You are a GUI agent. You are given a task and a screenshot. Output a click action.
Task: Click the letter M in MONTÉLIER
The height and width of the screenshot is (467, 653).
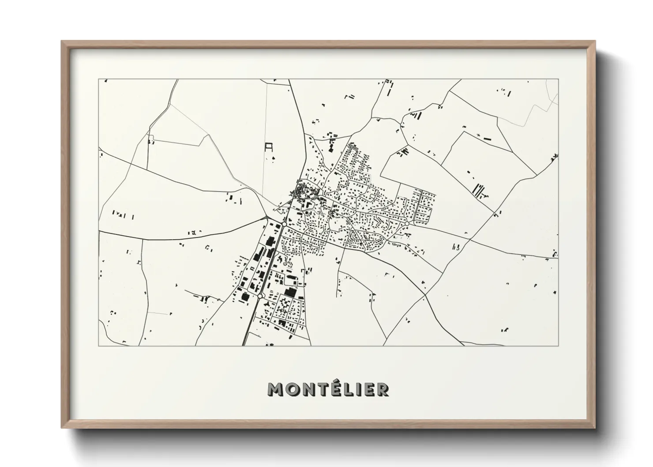(275, 389)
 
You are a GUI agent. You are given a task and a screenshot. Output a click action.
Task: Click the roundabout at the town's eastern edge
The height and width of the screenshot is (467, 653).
(405, 225)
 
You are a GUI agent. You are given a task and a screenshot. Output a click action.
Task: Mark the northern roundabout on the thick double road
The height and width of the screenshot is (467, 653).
(284, 225)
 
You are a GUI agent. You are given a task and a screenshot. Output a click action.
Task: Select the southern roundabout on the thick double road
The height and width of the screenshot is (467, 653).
(261, 296)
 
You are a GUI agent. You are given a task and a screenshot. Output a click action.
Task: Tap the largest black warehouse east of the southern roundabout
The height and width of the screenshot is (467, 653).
(290, 292)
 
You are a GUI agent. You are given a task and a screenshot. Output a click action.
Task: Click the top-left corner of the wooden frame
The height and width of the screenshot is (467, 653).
(62, 41)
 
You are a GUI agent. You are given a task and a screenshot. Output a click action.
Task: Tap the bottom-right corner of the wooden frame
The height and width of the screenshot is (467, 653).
(596, 427)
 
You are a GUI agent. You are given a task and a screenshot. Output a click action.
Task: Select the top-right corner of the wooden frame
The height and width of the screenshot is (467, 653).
(596, 41)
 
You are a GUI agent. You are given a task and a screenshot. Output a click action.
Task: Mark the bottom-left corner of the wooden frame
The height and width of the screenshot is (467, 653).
(62, 427)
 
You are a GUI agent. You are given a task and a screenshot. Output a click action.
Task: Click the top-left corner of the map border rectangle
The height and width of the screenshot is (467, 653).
(99, 79)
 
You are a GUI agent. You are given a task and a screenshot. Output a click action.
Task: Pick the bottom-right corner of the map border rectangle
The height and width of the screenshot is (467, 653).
(559, 346)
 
